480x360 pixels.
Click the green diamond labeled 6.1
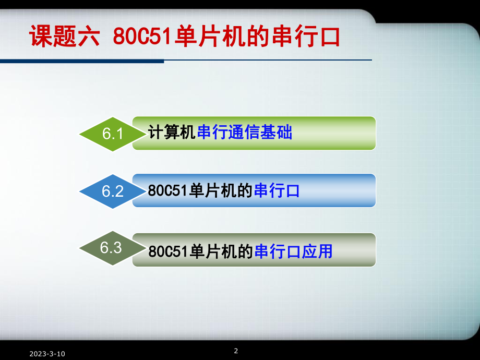(x=112, y=134)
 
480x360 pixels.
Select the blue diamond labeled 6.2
(x=112, y=191)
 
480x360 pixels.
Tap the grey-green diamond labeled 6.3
(x=112, y=248)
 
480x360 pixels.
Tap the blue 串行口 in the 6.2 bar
(x=277, y=191)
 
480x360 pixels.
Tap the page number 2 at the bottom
(x=236, y=351)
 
